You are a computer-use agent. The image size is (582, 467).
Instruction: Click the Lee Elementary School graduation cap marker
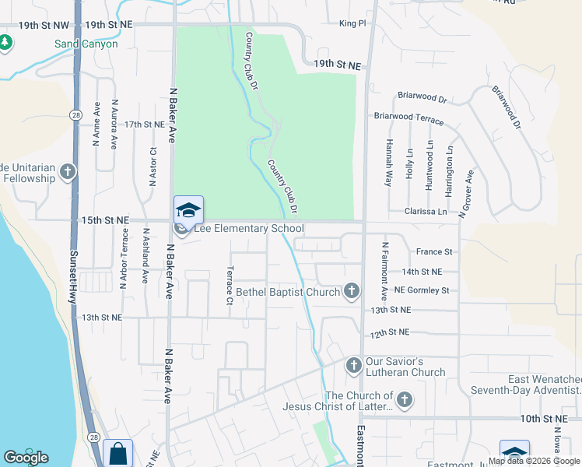pyautogui.click(x=188, y=211)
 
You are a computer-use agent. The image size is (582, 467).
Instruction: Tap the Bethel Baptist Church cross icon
pyautogui.click(x=352, y=292)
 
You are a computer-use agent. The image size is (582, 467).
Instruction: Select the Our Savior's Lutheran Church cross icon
pyautogui.click(x=353, y=365)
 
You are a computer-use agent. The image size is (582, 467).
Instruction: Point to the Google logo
pyautogui.click(x=26, y=458)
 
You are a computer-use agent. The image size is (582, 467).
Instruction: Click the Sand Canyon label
pyautogui.click(x=86, y=44)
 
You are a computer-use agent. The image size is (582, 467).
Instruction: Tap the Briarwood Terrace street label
pyautogui.click(x=408, y=118)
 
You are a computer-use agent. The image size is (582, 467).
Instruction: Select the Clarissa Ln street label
pyautogui.click(x=426, y=211)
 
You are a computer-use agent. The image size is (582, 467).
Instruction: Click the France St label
pyautogui.click(x=434, y=251)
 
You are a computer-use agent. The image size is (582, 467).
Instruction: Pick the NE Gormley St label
pyautogui.click(x=422, y=290)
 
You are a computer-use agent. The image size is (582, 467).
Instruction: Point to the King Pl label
pyautogui.click(x=352, y=24)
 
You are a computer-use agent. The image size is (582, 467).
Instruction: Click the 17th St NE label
pyautogui.click(x=145, y=124)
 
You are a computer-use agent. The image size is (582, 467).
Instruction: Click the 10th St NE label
pyautogui.click(x=542, y=419)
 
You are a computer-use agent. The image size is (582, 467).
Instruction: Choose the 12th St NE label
pyautogui.click(x=390, y=332)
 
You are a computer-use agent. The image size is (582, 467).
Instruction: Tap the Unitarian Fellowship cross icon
pyautogui.click(x=68, y=171)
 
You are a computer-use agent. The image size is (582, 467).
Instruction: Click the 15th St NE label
pyautogui.click(x=105, y=220)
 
